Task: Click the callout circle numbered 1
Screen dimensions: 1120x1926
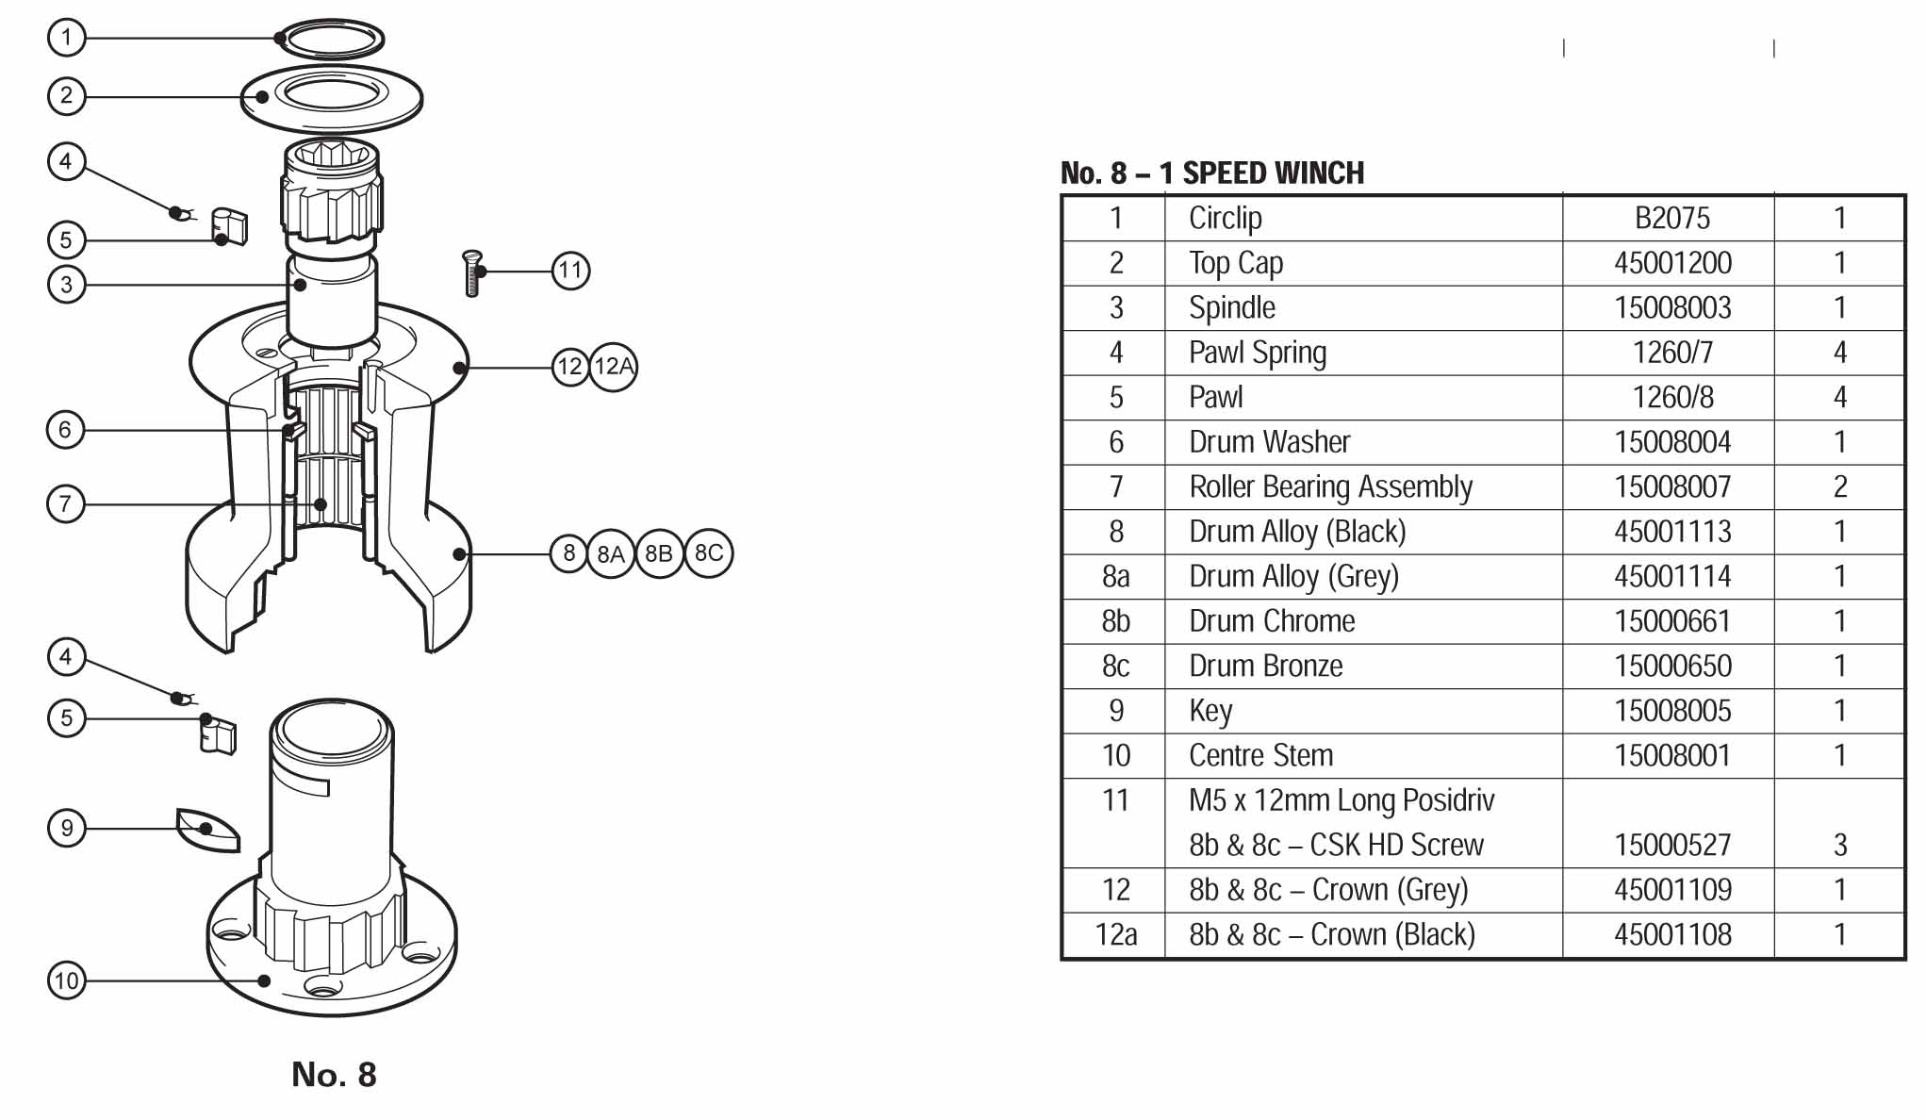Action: point(66,38)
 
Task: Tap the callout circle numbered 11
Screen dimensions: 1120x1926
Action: point(570,272)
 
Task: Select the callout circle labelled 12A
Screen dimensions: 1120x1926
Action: point(614,367)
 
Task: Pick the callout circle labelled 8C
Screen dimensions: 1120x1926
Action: point(709,553)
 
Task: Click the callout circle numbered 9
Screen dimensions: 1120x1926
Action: point(66,829)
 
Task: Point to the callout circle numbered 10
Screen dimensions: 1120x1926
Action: point(66,980)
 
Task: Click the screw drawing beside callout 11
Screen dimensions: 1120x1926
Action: point(472,272)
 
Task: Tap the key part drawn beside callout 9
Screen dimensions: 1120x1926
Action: point(208,831)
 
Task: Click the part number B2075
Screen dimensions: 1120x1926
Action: point(1671,219)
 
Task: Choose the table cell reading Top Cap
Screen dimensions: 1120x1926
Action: point(1235,263)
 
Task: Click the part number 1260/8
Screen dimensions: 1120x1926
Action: point(1672,397)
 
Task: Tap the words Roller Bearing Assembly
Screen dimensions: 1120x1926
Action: point(1330,486)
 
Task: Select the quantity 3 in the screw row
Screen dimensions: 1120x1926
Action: point(1839,845)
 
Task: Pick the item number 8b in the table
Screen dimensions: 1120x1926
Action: point(1115,621)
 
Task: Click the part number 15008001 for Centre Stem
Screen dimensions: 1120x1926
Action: point(1672,755)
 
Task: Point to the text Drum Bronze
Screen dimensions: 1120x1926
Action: point(1265,666)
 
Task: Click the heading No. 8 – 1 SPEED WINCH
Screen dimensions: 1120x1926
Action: point(1212,173)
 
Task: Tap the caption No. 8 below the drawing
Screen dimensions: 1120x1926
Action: point(334,1075)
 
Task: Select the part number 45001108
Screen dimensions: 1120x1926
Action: point(1672,934)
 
